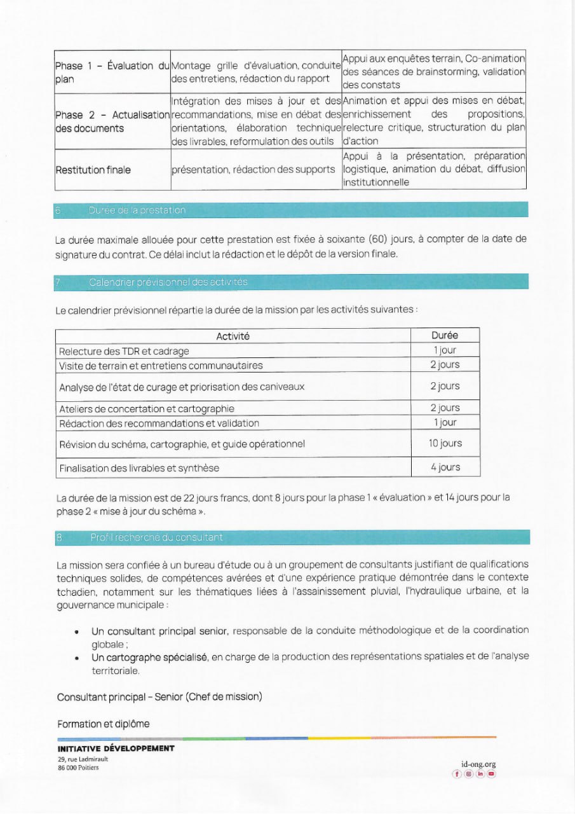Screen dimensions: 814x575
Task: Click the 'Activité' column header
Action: tap(233, 336)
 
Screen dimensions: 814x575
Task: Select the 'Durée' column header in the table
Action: tap(445, 335)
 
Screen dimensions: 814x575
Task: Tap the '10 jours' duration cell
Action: tap(445, 443)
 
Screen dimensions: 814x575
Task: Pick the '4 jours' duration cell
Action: tap(445, 467)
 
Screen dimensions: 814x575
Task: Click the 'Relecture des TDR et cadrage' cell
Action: tap(124, 351)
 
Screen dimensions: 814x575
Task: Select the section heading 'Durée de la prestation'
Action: tap(137, 210)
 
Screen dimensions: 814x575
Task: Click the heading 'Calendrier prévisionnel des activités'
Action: tap(168, 282)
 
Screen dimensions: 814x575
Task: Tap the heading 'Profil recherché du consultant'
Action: tap(156, 537)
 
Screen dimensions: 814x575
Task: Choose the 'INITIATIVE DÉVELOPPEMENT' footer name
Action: tap(116, 748)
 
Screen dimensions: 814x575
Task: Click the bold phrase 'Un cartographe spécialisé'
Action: tap(150, 656)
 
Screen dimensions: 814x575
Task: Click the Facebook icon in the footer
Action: tap(457, 774)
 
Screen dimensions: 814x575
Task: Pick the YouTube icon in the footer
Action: tap(491, 774)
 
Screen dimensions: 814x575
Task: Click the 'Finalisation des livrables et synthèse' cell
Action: tap(139, 468)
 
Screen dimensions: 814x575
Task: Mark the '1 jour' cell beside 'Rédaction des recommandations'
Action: tap(445, 422)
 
